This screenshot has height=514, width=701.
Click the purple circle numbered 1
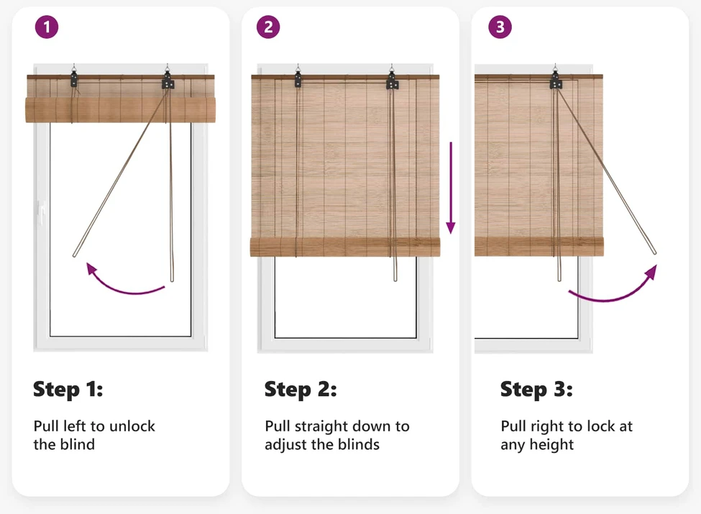[x=47, y=27]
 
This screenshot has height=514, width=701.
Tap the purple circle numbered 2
[x=268, y=27]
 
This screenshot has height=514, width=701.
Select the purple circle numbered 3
[x=500, y=27]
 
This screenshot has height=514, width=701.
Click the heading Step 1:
[x=68, y=390]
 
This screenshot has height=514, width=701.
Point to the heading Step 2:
[x=301, y=390]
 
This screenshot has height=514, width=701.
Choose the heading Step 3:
[x=536, y=390]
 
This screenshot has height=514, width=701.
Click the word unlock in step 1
[x=132, y=426]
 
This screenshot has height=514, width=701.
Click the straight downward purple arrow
[x=451, y=188]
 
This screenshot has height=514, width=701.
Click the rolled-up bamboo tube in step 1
[x=120, y=110]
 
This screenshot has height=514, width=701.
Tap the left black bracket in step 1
[x=74, y=79]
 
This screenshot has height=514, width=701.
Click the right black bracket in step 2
[x=392, y=81]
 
